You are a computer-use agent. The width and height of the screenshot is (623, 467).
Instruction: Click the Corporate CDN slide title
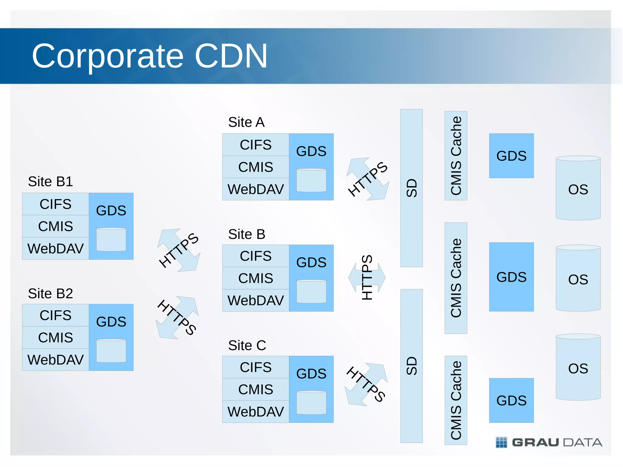pos(149,56)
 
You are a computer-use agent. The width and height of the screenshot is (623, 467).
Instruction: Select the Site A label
pos(246,122)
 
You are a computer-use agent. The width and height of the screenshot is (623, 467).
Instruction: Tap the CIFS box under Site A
pos(256,145)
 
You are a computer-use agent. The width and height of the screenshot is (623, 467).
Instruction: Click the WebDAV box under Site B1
pos(55,249)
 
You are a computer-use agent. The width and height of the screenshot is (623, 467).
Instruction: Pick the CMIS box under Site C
pos(256,389)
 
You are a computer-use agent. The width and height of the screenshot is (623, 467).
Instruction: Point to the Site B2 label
pos(50,294)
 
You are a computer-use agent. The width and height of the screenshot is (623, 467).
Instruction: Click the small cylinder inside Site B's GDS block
pos(311,291)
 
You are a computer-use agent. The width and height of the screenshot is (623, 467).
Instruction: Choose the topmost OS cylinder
pos(578,189)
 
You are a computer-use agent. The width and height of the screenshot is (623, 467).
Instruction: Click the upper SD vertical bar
pos(411,188)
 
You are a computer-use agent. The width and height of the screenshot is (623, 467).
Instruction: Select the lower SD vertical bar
pos(411,366)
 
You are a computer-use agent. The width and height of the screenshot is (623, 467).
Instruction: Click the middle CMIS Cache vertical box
pos(456,278)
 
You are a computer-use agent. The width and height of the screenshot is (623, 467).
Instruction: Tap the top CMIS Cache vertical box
pos(456,156)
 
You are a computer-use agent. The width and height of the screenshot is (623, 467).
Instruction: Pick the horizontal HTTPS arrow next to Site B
pos(367,277)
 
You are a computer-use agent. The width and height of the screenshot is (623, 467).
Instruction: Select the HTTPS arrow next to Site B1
pos(179,250)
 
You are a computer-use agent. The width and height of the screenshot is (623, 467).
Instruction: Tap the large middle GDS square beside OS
pos(511,277)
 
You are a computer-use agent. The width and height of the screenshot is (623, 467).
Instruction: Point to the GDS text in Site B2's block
pos(111,322)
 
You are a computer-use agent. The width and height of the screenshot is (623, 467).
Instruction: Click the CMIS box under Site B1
pos(55,226)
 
